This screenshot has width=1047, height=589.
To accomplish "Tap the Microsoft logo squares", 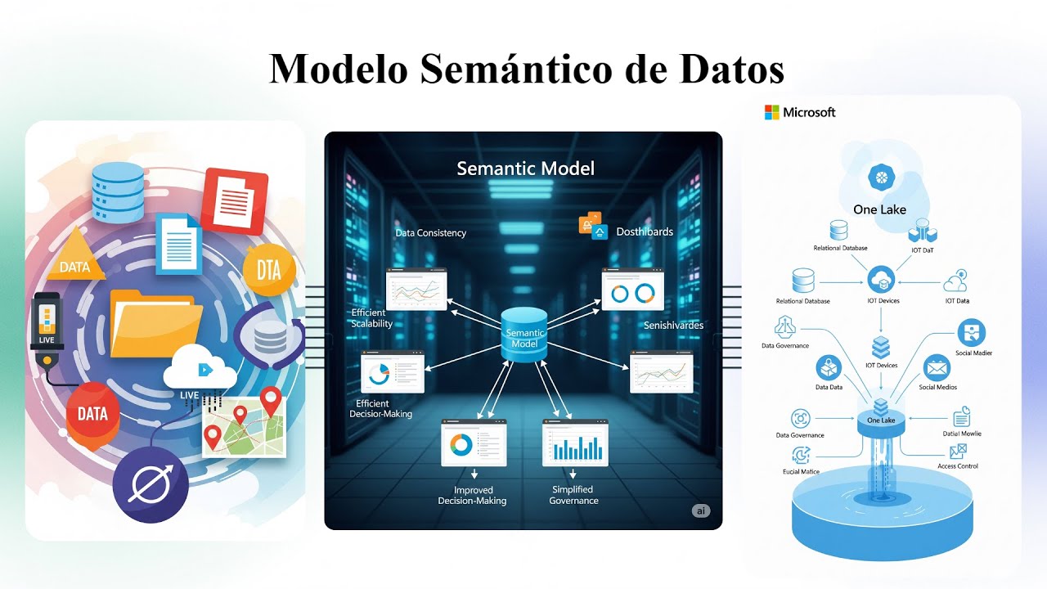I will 771,112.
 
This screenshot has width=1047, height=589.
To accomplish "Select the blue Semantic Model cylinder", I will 523,335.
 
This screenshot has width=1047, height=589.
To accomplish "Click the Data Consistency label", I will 430,233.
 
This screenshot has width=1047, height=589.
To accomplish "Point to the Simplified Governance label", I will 573,495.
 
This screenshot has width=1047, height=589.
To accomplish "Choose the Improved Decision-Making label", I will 472,495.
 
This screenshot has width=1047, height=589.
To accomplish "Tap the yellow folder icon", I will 155,324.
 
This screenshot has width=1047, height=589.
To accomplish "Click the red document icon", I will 235,200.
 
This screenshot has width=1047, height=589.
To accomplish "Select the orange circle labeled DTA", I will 268,269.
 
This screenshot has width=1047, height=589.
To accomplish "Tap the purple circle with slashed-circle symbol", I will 151,485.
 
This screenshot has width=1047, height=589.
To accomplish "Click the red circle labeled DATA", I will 92,413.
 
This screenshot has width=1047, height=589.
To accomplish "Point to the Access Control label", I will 957,466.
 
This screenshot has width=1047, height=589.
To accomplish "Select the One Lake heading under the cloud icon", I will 879,209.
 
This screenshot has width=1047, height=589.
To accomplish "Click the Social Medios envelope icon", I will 937,368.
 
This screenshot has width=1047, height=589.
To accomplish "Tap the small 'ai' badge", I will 701,511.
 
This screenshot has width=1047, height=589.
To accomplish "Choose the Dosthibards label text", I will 645,232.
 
